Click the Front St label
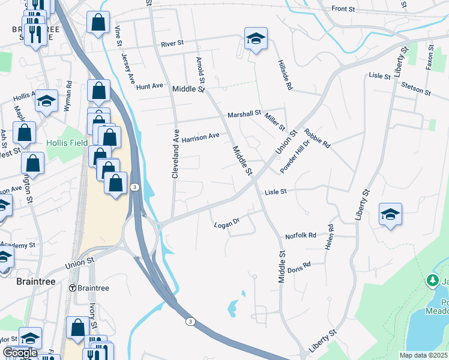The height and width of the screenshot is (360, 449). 348,8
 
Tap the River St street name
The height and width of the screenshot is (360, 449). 172,44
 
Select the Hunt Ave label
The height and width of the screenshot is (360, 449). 149,86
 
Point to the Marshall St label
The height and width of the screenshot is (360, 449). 244,113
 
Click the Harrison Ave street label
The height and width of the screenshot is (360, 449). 200,137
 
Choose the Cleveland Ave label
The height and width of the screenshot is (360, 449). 176,154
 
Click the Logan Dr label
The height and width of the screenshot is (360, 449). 227,224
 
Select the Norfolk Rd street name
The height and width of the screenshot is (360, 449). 301,236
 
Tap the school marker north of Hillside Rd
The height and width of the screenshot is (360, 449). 256,38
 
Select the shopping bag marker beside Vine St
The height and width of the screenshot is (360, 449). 98,23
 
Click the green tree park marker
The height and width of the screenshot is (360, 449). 432,280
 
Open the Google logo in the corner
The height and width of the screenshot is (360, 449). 20,353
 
